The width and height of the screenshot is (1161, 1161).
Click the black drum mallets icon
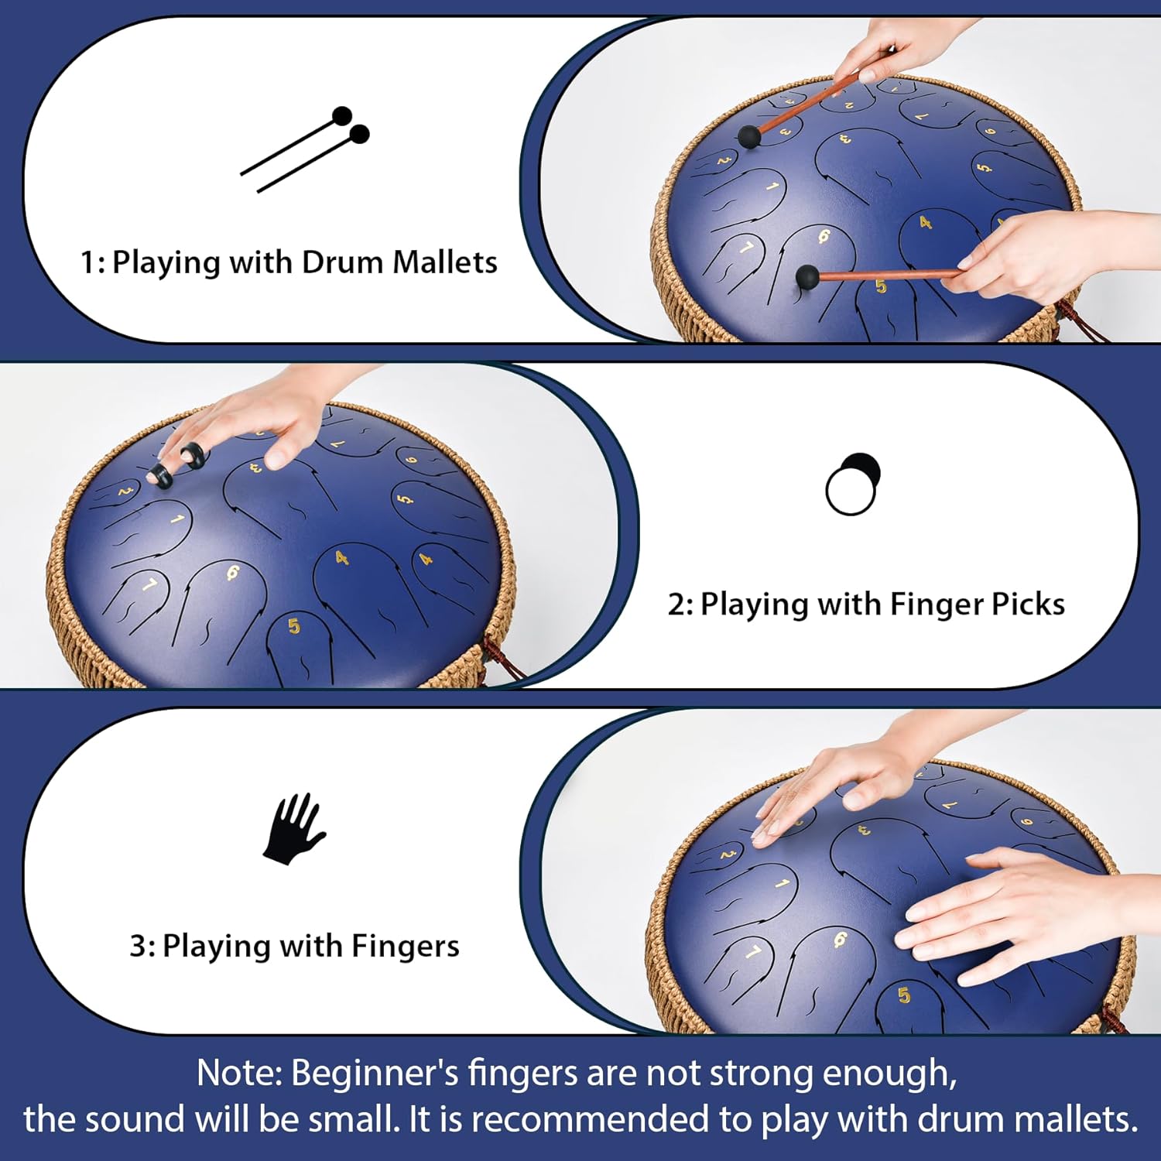pyautogui.click(x=305, y=149)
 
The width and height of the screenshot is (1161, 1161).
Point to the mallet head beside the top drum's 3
pyautogui.click(x=749, y=137)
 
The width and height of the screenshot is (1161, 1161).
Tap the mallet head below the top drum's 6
pyautogui.click(x=807, y=276)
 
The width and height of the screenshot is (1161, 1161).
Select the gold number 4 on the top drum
pyautogui.click(x=925, y=223)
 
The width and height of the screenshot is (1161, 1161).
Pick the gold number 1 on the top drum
pyautogui.click(x=772, y=187)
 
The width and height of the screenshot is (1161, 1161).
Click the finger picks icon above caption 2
pyautogui.click(x=852, y=485)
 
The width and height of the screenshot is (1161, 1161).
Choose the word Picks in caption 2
pyautogui.click(x=1028, y=604)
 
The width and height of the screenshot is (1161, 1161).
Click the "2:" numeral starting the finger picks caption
pyautogui.click(x=680, y=604)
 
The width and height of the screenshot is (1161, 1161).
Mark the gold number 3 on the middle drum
pyautogui.click(x=256, y=467)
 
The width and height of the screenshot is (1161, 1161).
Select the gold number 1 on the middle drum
pyautogui.click(x=177, y=519)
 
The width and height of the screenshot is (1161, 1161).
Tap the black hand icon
pyautogui.click(x=293, y=829)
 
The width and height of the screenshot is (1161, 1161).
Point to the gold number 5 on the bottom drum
pyautogui.click(x=904, y=995)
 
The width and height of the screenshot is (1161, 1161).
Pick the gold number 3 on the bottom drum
pyautogui.click(x=864, y=831)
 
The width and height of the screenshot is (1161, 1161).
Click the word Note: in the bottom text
pyautogui.click(x=239, y=1074)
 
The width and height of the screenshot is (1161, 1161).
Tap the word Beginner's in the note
pyautogui.click(x=375, y=1074)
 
